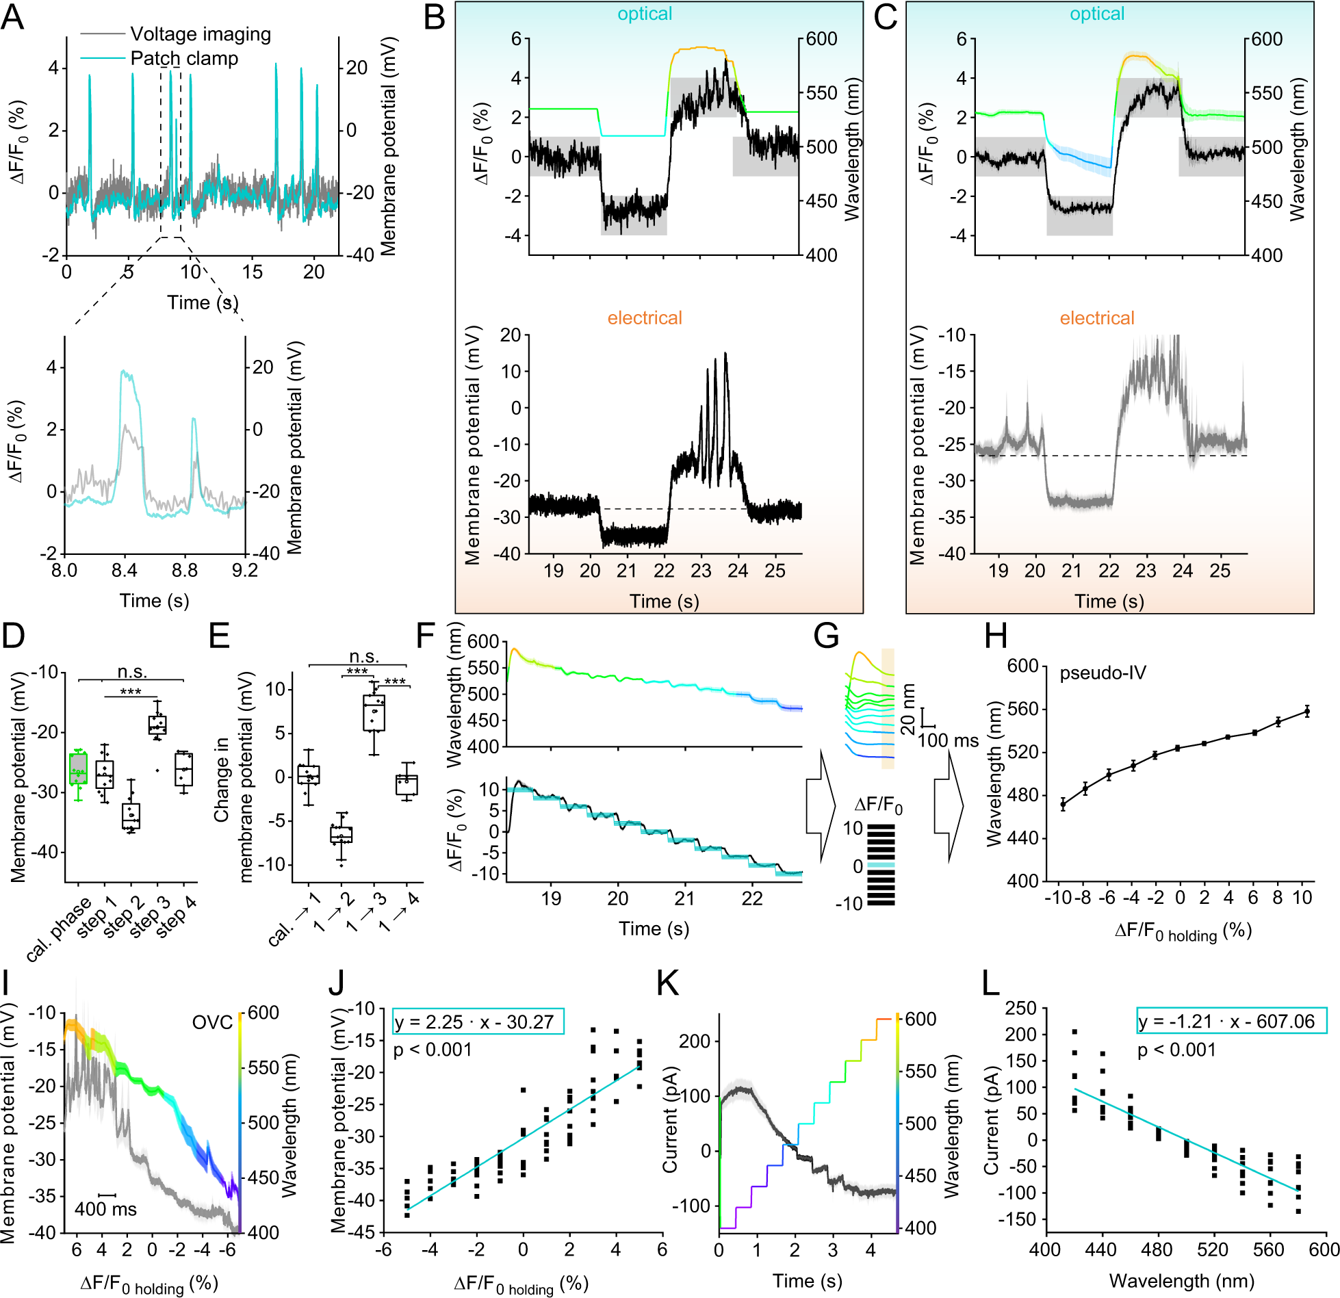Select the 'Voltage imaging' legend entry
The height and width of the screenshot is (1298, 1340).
click(x=200, y=34)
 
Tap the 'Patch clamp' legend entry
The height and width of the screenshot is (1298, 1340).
click(x=183, y=59)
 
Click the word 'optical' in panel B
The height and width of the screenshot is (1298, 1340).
click(x=645, y=14)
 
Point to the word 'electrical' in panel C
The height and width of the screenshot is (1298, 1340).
click(x=1096, y=318)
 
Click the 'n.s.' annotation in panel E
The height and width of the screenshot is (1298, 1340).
click(x=363, y=656)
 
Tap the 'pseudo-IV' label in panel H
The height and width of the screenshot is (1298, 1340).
click(x=1102, y=673)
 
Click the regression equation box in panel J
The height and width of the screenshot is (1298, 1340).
click(x=478, y=1022)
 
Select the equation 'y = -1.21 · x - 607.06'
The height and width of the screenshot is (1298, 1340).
click(x=1231, y=1021)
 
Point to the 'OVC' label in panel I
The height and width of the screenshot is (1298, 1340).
click(x=212, y=1022)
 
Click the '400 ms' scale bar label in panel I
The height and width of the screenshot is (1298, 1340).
click(x=105, y=1209)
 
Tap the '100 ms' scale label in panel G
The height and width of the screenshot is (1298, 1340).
click(x=948, y=740)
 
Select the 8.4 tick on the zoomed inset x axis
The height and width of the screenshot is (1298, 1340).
click(x=124, y=571)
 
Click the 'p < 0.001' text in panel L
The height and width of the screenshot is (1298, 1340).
click(x=1176, y=1050)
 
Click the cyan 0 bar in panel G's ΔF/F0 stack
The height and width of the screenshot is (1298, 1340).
click(x=881, y=866)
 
